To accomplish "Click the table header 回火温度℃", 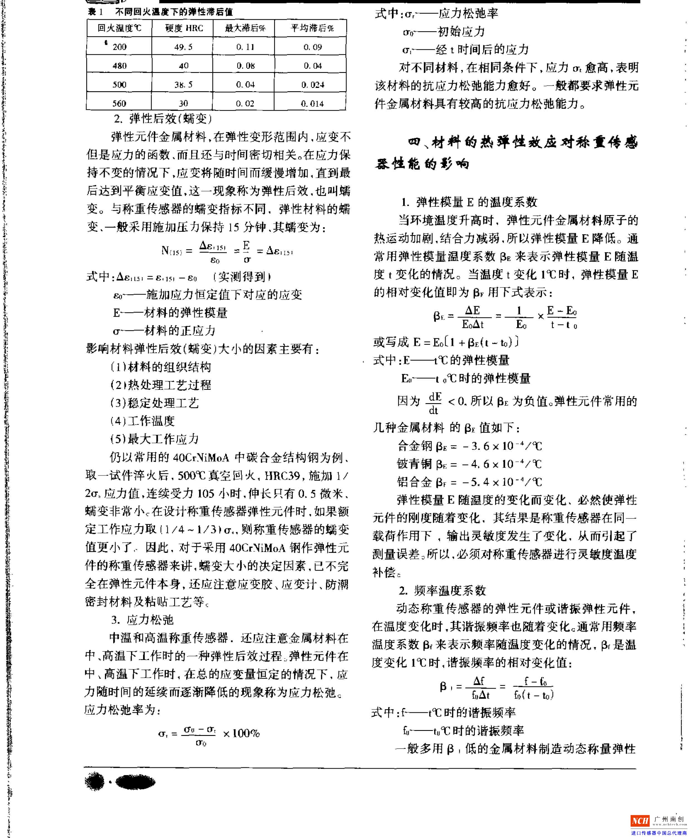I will pyautogui.click(x=119, y=28).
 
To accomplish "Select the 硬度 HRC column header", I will pyautogui.click(x=184, y=28).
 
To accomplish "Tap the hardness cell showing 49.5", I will pyautogui.click(x=183, y=47).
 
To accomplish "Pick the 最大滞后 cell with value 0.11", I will pyautogui.click(x=245, y=47).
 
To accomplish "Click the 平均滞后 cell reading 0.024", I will pyautogui.click(x=312, y=85).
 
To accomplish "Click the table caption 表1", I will pyautogui.click(x=95, y=12).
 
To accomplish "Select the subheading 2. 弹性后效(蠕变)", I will pyautogui.click(x=163, y=119).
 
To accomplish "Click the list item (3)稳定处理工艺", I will pyautogui.click(x=154, y=403).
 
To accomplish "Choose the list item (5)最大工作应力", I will pyautogui.click(x=154, y=439).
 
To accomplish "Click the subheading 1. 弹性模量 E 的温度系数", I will pyautogui.click(x=469, y=202).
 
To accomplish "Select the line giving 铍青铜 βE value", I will pyautogui.click(x=469, y=464).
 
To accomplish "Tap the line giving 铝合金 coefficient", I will pyautogui.click(x=469, y=482).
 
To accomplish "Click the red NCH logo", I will pyautogui.click(x=640, y=820).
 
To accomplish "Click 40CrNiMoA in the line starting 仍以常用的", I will pyautogui.click(x=201, y=458).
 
